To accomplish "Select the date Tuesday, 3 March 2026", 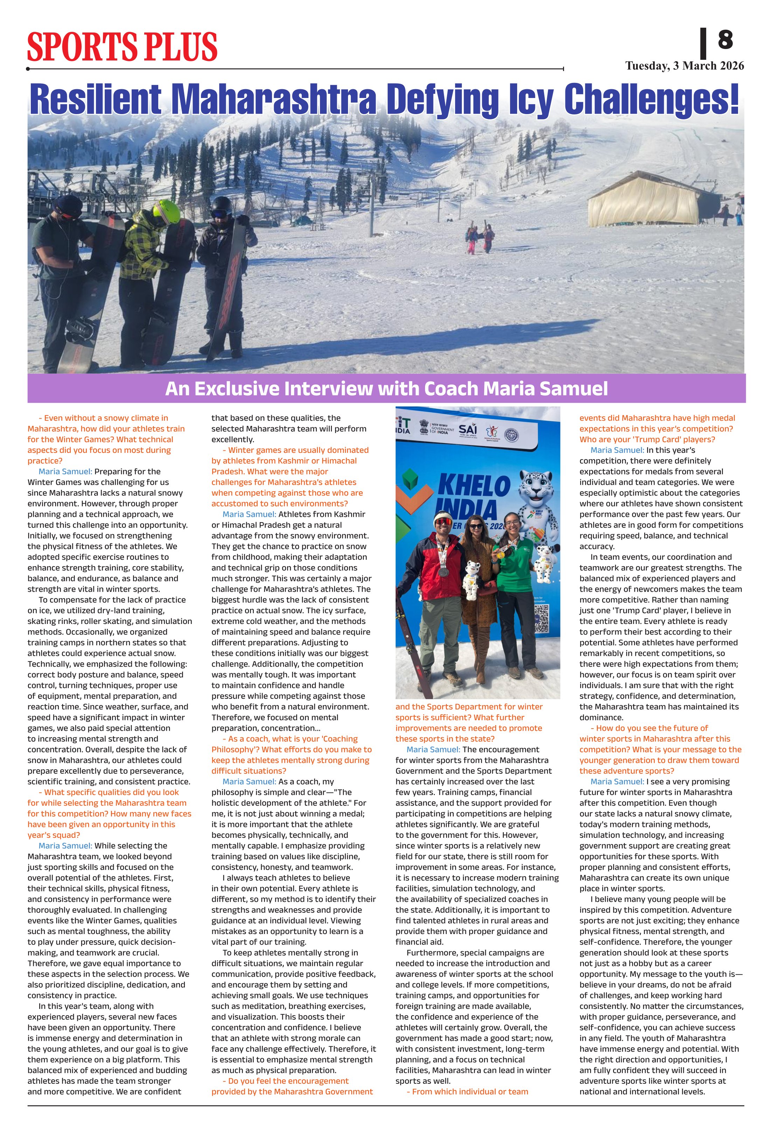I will (684, 66).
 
